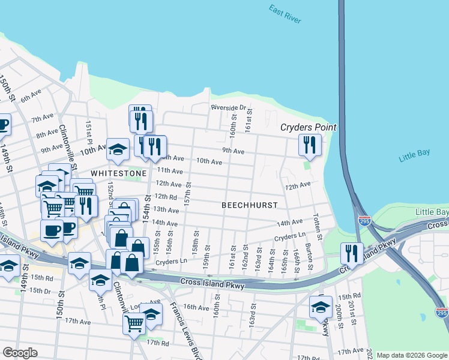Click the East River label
click(x=285, y=14)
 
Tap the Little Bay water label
click(x=414, y=156)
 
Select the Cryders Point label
click(x=309, y=128)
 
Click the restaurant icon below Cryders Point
click(x=310, y=144)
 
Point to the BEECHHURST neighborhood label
click(x=250, y=205)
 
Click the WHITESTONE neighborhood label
click(x=118, y=173)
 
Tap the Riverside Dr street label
click(x=228, y=108)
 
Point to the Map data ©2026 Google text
click(x=412, y=355)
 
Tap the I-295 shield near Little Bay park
click(x=363, y=220)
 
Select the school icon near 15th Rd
click(x=321, y=307)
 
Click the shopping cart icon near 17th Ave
click(x=134, y=323)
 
